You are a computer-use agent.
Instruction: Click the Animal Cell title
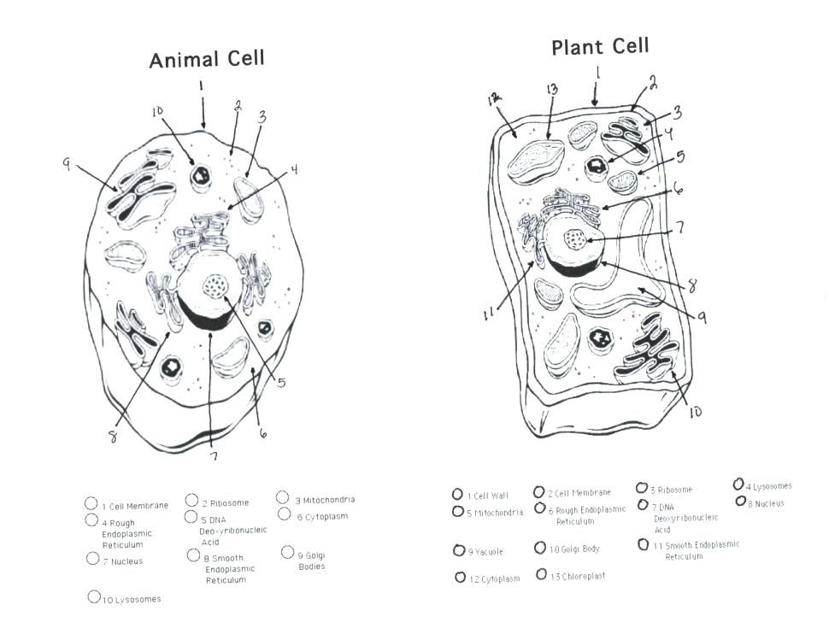coord(207,60)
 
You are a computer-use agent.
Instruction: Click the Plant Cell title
coord(600,46)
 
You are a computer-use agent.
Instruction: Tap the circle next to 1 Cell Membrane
coord(91,504)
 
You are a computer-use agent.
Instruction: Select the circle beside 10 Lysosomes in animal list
coord(94,597)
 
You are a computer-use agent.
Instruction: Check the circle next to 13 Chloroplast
coord(541,574)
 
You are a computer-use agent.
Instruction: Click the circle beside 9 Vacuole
coord(458,550)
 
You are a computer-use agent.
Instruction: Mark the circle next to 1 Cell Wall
coord(457,494)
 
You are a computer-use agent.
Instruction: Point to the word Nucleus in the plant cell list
coord(769,504)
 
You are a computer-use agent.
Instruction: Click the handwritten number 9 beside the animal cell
coord(66,165)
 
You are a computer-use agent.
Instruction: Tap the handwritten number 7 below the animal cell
coord(214,455)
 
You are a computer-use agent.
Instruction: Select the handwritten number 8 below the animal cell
coord(112,436)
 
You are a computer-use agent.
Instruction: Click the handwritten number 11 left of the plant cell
coord(489,314)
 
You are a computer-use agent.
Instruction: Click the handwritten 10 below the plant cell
coord(694,412)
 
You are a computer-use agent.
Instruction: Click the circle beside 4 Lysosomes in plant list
coord(738,484)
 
